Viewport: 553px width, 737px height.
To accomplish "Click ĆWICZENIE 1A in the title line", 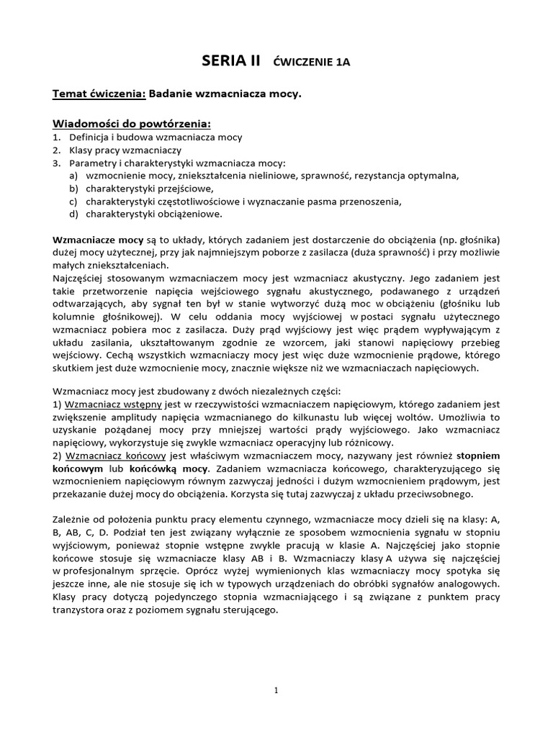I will pyautogui.click(x=313, y=63).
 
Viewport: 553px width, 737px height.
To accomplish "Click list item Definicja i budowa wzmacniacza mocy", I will pyautogui.click(x=156, y=137).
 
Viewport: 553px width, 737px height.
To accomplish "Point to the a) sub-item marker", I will pyautogui.click(x=73, y=176).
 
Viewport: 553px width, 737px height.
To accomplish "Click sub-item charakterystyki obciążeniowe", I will pyautogui.click(x=154, y=214).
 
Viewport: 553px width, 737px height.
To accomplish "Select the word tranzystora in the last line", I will pyautogui.click(x=81, y=611).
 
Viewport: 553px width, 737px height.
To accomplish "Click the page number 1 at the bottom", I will pyautogui.click(x=276, y=691).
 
